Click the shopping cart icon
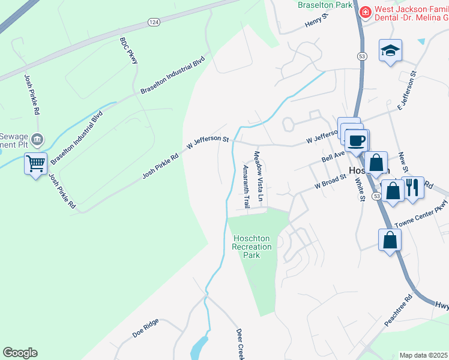35,163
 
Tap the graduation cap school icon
390,51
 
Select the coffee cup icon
357,140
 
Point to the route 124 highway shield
154,22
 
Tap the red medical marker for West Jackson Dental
364,11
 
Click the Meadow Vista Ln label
259,176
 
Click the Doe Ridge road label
145,329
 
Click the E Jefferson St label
407,91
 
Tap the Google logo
20,352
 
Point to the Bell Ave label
333,155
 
